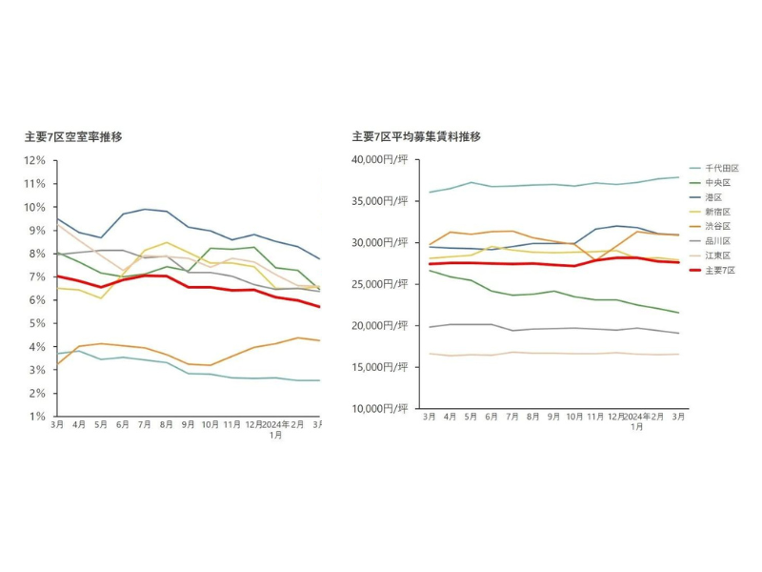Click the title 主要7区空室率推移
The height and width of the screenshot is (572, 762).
[73, 137]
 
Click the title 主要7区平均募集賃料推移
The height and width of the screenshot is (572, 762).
[416, 137]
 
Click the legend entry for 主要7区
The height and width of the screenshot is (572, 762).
[715, 271]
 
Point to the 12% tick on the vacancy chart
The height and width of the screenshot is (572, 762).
[35, 160]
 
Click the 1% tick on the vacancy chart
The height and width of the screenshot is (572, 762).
[38, 417]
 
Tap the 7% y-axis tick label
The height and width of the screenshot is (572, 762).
[38, 276]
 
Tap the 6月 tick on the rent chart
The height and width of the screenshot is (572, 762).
[492, 418]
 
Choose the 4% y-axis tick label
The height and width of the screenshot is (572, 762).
[38, 347]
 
